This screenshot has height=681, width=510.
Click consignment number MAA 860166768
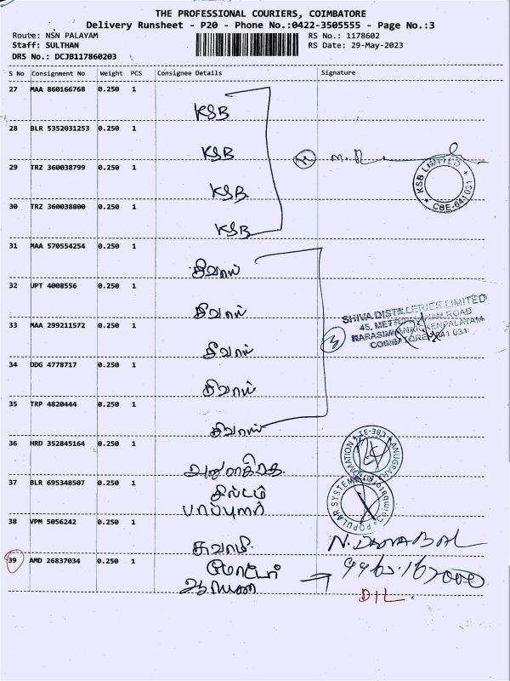pos(58,89)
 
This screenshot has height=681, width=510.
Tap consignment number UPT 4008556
pos(54,285)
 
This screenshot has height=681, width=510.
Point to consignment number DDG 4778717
pos(54,364)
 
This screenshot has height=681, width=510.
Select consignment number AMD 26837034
pos(58,561)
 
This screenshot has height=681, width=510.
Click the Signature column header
pos(338,73)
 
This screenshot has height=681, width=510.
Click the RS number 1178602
pos(361,35)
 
